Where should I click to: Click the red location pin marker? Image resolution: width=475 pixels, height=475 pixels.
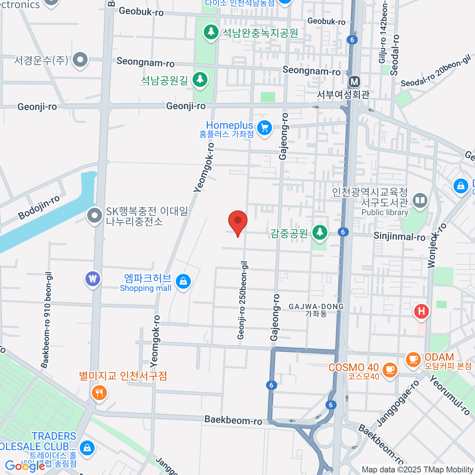238,221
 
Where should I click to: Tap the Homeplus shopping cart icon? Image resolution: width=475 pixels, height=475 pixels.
264,128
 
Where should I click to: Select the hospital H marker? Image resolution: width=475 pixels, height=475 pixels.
422,311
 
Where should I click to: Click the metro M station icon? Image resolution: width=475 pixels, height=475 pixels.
354,82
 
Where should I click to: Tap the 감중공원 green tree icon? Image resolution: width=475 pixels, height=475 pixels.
319,232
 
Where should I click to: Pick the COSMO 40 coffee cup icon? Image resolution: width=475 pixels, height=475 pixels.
389,369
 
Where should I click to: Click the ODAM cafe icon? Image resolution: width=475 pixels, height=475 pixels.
413,359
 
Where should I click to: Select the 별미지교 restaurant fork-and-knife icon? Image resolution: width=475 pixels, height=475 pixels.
99,393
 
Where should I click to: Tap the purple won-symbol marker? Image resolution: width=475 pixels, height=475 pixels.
93,279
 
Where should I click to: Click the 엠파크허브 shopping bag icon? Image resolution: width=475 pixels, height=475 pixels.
183,281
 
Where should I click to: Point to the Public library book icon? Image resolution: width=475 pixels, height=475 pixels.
420,200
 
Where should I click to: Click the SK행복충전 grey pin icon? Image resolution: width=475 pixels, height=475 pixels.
95,216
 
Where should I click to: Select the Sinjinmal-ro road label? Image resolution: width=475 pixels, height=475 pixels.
399,237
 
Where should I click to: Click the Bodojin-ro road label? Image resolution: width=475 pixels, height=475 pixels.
39,207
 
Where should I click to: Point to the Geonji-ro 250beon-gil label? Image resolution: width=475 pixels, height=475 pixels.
242,300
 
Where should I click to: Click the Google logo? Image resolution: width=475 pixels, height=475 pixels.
25,466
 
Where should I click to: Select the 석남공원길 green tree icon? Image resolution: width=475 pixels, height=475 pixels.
200,79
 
